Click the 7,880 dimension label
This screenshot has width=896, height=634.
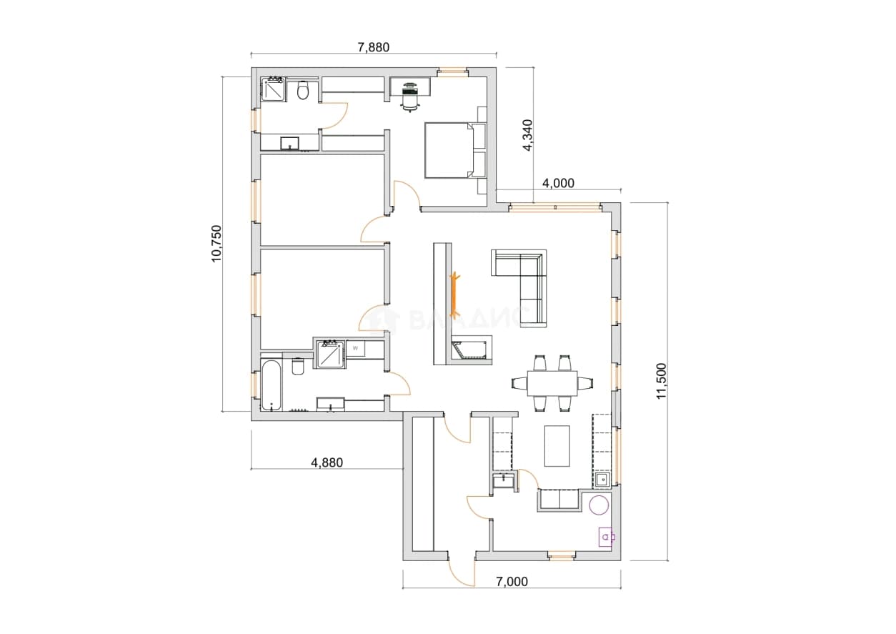[x=373, y=47]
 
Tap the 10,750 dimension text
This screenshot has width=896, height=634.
[x=216, y=244]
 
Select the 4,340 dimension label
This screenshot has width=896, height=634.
[x=527, y=135]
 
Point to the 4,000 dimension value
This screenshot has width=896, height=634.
[x=558, y=183]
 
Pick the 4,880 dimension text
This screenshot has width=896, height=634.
[x=327, y=462]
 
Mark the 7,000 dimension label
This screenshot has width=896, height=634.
[x=512, y=582]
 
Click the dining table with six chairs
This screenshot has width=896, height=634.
[x=552, y=383]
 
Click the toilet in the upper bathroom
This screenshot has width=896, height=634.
[x=303, y=90]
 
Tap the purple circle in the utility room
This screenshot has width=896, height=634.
[x=599, y=505]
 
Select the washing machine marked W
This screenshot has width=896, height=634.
[x=356, y=349]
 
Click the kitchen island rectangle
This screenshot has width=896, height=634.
[x=557, y=446]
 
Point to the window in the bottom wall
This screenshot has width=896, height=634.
[x=561, y=555]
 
